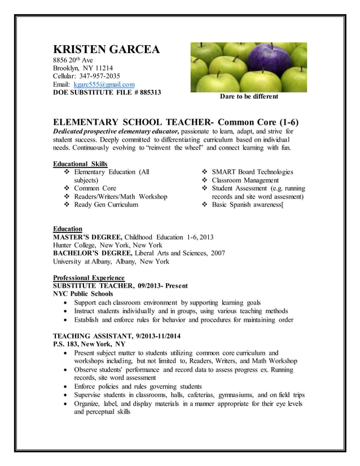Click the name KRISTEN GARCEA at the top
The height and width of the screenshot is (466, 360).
pos(106,50)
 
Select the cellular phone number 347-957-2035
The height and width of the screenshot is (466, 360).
pos(99,76)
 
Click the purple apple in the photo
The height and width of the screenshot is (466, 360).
pos(262,61)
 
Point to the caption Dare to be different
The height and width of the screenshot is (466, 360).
pos(249,96)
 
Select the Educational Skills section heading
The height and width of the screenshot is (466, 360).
pos(80,164)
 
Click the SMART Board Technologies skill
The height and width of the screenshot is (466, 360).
pos(252,172)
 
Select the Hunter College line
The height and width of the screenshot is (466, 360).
pos(107,245)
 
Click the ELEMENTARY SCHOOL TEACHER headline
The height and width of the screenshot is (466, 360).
pos(133,122)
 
